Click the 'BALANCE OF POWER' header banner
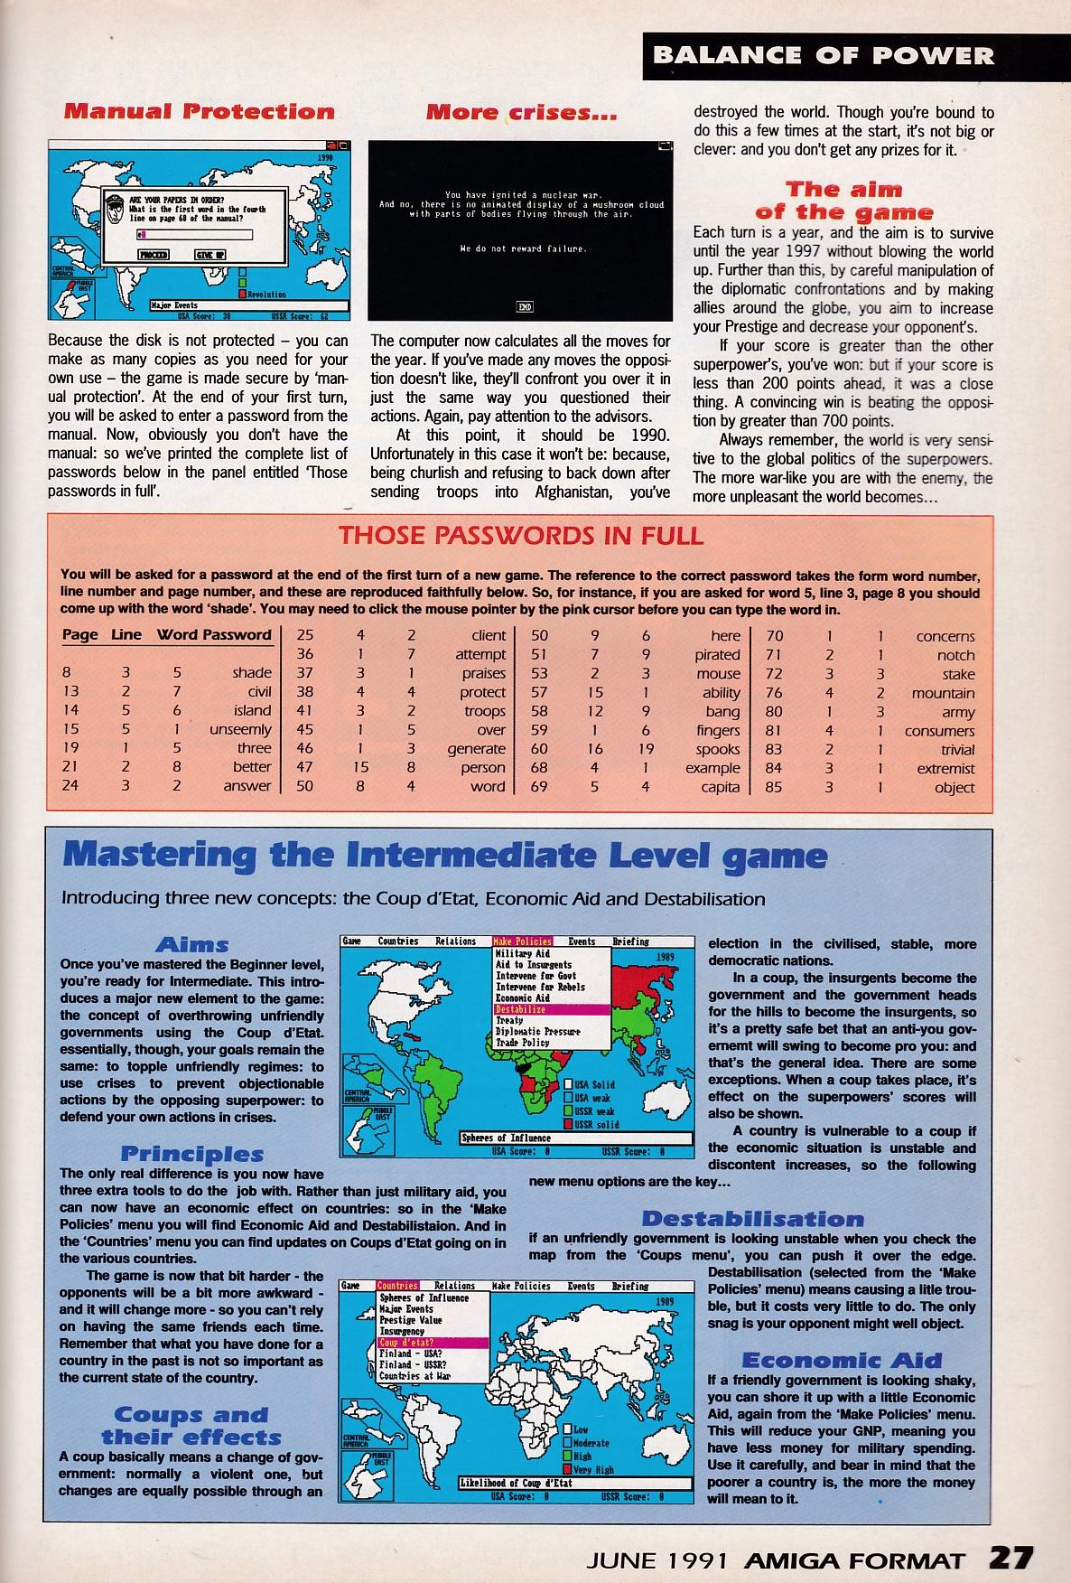point(823,56)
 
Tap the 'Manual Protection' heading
point(200,112)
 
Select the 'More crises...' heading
point(521,113)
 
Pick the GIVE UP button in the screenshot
point(210,255)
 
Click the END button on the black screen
point(524,307)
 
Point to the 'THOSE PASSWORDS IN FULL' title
point(520,535)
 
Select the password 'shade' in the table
point(251,672)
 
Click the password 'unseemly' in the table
point(240,729)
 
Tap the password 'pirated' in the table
point(717,654)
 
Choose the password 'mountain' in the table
point(943,693)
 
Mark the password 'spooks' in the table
point(718,749)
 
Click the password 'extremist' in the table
point(945,768)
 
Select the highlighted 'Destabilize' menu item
point(521,1009)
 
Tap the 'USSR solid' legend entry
point(595,1124)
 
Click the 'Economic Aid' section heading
point(841,1361)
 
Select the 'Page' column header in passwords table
point(79,634)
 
